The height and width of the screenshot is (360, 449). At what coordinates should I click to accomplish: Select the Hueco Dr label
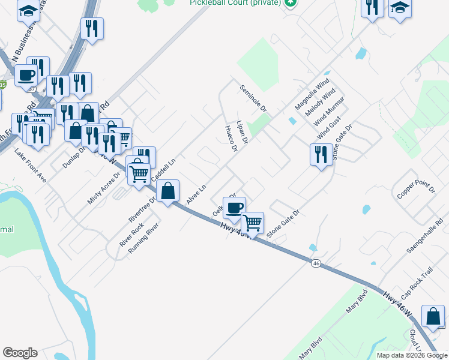point(231,139)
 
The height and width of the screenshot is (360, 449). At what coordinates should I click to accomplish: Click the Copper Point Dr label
point(415,188)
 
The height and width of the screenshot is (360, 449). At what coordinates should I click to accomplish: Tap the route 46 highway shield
point(316,263)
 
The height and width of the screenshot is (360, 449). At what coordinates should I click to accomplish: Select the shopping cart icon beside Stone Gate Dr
point(252,223)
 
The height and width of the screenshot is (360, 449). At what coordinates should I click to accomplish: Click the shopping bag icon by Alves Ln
point(168,191)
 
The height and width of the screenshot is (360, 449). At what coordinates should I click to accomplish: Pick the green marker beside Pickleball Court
point(291,3)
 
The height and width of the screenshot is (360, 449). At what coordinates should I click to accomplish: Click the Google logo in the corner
point(20,353)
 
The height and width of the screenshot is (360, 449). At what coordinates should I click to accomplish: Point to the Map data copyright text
point(411,355)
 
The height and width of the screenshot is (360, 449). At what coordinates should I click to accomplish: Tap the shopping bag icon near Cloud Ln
point(433,316)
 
